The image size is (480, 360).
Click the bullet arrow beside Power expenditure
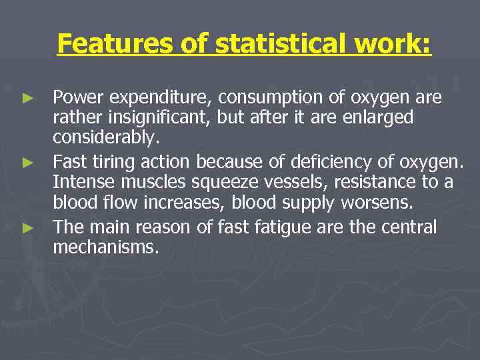(27, 98)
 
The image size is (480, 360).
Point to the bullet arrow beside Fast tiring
(27, 162)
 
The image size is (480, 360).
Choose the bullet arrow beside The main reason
(27, 227)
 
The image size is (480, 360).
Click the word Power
(78, 98)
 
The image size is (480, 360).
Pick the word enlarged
(379, 118)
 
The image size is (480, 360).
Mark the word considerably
(106, 138)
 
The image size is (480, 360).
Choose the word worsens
(373, 202)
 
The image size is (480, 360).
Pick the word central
(409, 227)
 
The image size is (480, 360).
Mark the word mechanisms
(106, 247)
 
